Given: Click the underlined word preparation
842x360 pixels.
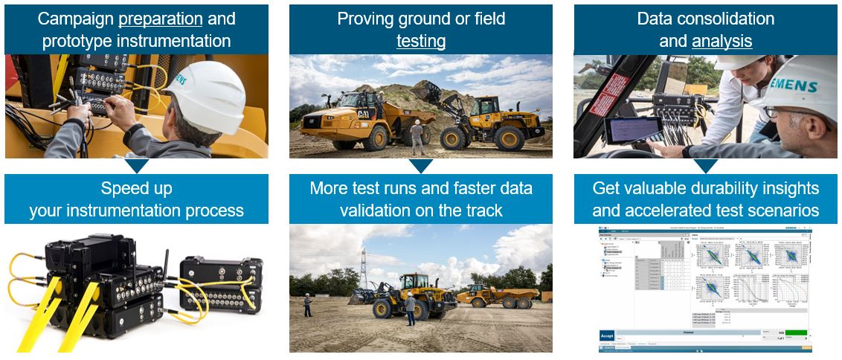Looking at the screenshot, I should coord(161,19).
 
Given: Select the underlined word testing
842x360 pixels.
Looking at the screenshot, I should coord(421,41).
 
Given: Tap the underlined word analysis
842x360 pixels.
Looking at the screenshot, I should coord(722,41).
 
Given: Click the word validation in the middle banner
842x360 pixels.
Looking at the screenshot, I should coord(377,210).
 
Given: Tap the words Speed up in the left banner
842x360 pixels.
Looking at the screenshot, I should coord(136,188).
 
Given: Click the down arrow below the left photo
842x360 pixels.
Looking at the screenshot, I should coord(138,166).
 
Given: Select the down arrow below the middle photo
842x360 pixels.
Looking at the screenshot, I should coord(421,166).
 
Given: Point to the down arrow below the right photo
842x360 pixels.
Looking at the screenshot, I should coord(705,166).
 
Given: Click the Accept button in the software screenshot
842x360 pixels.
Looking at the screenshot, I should coord(607,335).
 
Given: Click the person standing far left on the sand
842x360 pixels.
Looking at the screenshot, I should coord(307,304).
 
